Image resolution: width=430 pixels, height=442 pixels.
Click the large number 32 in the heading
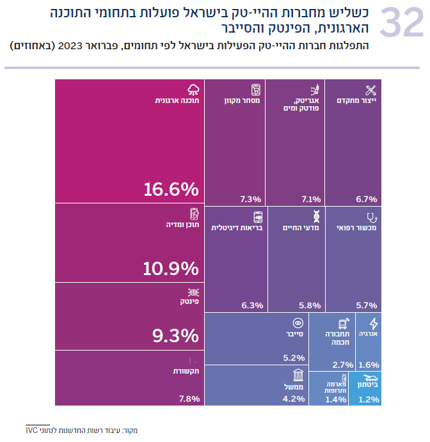click(x=401, y=24)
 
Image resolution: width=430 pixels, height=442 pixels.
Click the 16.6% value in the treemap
click(x=171, y=189)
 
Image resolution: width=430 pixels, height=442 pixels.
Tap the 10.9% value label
click(x=171, y=269)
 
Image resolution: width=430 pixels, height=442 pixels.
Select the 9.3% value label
click(x=171, y=335)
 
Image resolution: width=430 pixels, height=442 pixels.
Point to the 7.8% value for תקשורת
click(x=189, y=399)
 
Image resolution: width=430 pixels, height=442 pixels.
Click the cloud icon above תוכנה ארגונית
click(x=193, y=89)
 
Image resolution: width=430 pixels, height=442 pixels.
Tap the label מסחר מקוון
click(x=242, y=100)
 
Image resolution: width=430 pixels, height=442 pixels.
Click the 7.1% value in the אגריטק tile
click(x=310, y=198)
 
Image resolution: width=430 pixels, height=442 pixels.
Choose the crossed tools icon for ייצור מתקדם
click(x=370, y=90)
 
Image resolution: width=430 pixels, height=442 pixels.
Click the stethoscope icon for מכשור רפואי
click(x=370, y=216)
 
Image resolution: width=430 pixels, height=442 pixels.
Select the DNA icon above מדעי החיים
click(x=315, y=216)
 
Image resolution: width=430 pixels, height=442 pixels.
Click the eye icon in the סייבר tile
click(x=297, y=323)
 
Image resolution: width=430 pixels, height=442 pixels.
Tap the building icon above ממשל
click(x=298, y=375)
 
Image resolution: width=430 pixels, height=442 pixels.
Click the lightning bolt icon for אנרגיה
click(x=374, y=323)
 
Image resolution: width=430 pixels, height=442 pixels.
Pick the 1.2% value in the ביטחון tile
click(x=369, y=399)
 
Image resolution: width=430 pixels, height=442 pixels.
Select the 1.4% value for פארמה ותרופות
click(x=335, y=399)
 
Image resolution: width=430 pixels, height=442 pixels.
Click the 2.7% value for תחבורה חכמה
click(x=343, y=365)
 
